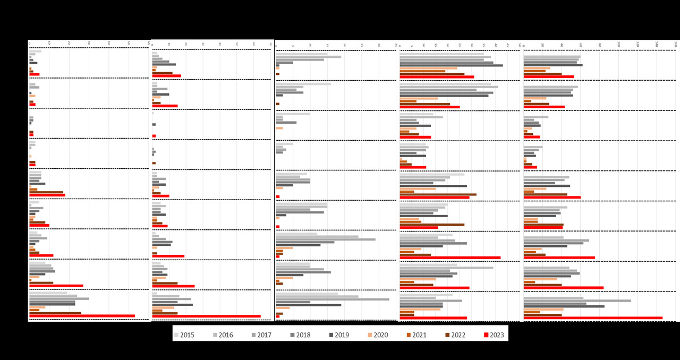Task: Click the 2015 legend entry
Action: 187,335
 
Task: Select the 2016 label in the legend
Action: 226,335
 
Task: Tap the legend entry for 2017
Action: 265,335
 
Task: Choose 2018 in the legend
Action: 303,335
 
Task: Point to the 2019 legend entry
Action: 342,335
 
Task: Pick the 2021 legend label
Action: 419,335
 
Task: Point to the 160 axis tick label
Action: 676,43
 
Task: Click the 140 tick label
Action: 657,43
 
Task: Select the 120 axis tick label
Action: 638,43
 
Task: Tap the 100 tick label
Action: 619,43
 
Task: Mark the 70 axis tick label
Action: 270,44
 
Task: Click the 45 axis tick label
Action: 507,45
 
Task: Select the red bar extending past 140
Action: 593,318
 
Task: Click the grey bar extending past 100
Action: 577,301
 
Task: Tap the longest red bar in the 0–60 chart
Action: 82,316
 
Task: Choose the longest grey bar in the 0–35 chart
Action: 332,299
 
